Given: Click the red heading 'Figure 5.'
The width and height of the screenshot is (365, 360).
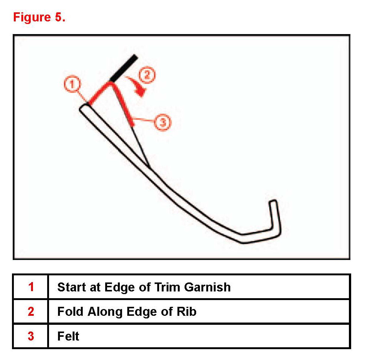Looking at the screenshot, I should (x=39, y=17).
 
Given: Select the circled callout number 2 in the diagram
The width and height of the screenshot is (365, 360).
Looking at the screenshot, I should (x=147, y=75).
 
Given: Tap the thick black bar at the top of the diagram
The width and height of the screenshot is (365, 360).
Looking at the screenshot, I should (x=123, y=69).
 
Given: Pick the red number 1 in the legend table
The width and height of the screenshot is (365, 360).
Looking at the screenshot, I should (x=31, y=287).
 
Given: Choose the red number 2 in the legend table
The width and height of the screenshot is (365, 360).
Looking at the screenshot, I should (x=31, y=311).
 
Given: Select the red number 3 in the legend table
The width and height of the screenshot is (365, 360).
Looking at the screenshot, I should (x=31, y=336).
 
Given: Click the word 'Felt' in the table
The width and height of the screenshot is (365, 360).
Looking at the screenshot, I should (x=68, y=336).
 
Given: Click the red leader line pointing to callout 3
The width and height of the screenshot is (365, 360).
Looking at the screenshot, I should (x=144, y=121).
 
